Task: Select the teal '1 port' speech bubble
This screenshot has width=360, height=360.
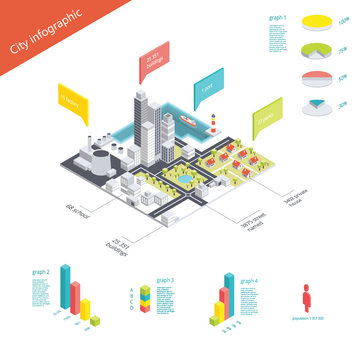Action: point(207,82)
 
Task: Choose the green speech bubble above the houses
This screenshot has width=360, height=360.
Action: point(269,111)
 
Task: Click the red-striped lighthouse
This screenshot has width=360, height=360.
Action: point(213,122)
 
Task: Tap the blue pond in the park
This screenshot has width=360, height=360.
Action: point(185,177)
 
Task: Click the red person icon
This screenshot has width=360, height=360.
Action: point(304,299)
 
